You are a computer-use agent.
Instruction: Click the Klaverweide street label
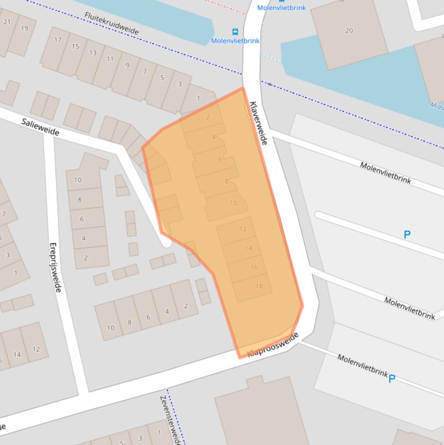pyautogui.click(x=258, y=123)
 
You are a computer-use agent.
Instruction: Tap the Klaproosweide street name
pyautogui.click(x=273, y=345)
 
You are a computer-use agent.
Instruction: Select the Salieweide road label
pyautogui.click(x=40, y=127)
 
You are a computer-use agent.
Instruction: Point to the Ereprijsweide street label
pyautogui.click(x=54, y=266)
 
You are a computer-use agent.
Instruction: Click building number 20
pyautogui.click(x=349, y=31)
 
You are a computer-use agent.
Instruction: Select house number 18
pyautogui.click(x=259, y=286)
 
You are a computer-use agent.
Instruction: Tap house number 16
pyautogui.click(x=253, y=267)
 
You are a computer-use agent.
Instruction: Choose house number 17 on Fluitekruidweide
pyautogui.click(x=58, y=40)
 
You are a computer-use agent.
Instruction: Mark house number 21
pyautogui.click(x=8, y=22)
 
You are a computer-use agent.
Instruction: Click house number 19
pyautogui.click(x=24, y=28)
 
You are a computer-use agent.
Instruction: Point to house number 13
pyautogui.click(x=92, y=53)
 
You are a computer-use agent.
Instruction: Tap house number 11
pyautogui.click(x=110, y=59)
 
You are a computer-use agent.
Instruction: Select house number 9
pyautogui.click(x=128, y=65)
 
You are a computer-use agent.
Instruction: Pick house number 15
pyautogui.click(x=75, y=46)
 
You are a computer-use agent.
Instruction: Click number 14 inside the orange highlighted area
pyautogui.click(x=248, y=248)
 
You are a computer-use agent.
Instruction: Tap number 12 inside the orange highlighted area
pyautogui.click(x=242, y=229)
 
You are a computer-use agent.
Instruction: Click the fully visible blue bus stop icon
pyautogui.click(x=235, y=32)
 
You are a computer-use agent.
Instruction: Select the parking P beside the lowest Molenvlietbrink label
pyautogui.click(x=392, y=379)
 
